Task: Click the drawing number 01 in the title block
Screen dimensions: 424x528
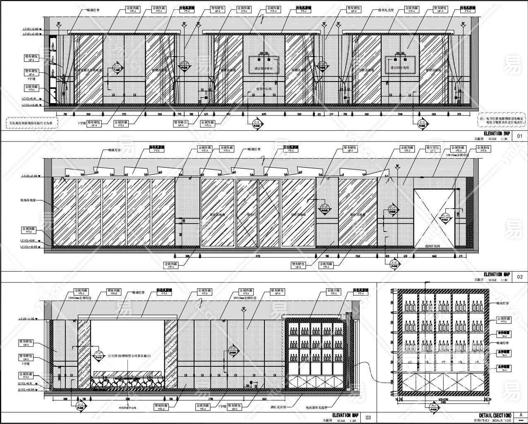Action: pos(520,136)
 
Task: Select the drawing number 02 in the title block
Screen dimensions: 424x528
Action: pos(520,277)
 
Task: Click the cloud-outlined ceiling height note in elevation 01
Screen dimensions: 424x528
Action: pos(31,123)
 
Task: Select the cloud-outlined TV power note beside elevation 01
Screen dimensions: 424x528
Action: pos(501,120)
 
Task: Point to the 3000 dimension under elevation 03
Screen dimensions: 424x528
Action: pos(127,399)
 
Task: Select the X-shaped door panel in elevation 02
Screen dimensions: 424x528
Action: pos(434,218)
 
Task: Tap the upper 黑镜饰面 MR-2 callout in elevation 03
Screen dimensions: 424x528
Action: pos(113,292)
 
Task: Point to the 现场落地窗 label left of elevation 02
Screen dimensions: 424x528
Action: pos(28,200)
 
